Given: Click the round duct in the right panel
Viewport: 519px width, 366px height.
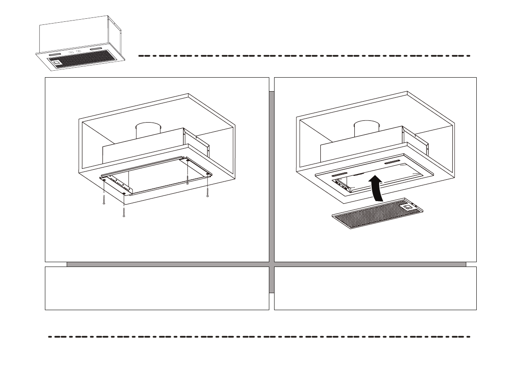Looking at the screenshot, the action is click(x=366, y=130).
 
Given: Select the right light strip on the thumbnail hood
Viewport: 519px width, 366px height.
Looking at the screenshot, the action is click(x=97, y=49).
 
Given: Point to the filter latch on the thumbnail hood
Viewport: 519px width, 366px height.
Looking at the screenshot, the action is click(x=57, y=63).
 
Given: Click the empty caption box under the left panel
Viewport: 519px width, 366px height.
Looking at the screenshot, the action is click(x=157, y=288).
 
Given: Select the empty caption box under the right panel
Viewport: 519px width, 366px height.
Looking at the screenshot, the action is click(x=375, y=288).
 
